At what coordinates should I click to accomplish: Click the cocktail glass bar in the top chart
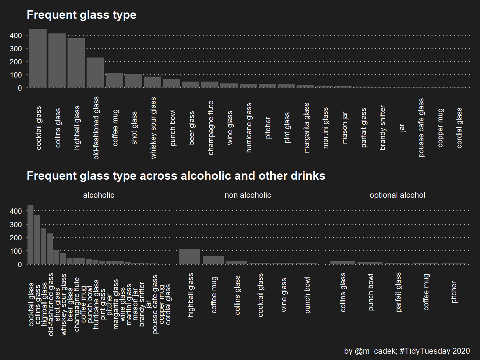[x=38, y=58]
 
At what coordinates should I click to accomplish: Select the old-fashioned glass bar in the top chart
[x=95, y=72]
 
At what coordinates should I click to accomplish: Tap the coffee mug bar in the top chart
[x=114, y=80]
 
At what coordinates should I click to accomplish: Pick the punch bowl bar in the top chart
[x=172, y=83]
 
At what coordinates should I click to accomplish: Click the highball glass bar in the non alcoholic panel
[x=190, y=257]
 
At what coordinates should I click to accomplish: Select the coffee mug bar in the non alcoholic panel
[x=213, y=260]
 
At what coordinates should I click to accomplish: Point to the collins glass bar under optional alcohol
[x=342, y=263]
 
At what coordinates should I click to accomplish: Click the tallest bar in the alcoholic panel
[x=30, y=235]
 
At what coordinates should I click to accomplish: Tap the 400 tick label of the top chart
[x=16, y=35]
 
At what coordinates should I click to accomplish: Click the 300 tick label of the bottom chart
[x=16, y=225]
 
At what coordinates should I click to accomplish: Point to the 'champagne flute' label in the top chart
[x=211, y=128]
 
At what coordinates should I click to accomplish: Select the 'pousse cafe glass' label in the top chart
[x=421, y=128]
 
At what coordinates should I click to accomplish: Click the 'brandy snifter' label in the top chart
[x=383, y=128]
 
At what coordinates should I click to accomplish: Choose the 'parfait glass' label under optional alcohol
[x=398, y=292]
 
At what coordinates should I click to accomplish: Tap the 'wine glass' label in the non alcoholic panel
[x=284, y=295]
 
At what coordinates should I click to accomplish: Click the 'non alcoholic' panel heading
[x=248, y=195]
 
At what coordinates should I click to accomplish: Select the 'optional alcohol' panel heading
[x=397, y=195]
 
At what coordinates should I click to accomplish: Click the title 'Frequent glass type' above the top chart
[x=82, y=15]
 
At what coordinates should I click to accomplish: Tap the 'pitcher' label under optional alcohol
[x=454, y=292]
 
